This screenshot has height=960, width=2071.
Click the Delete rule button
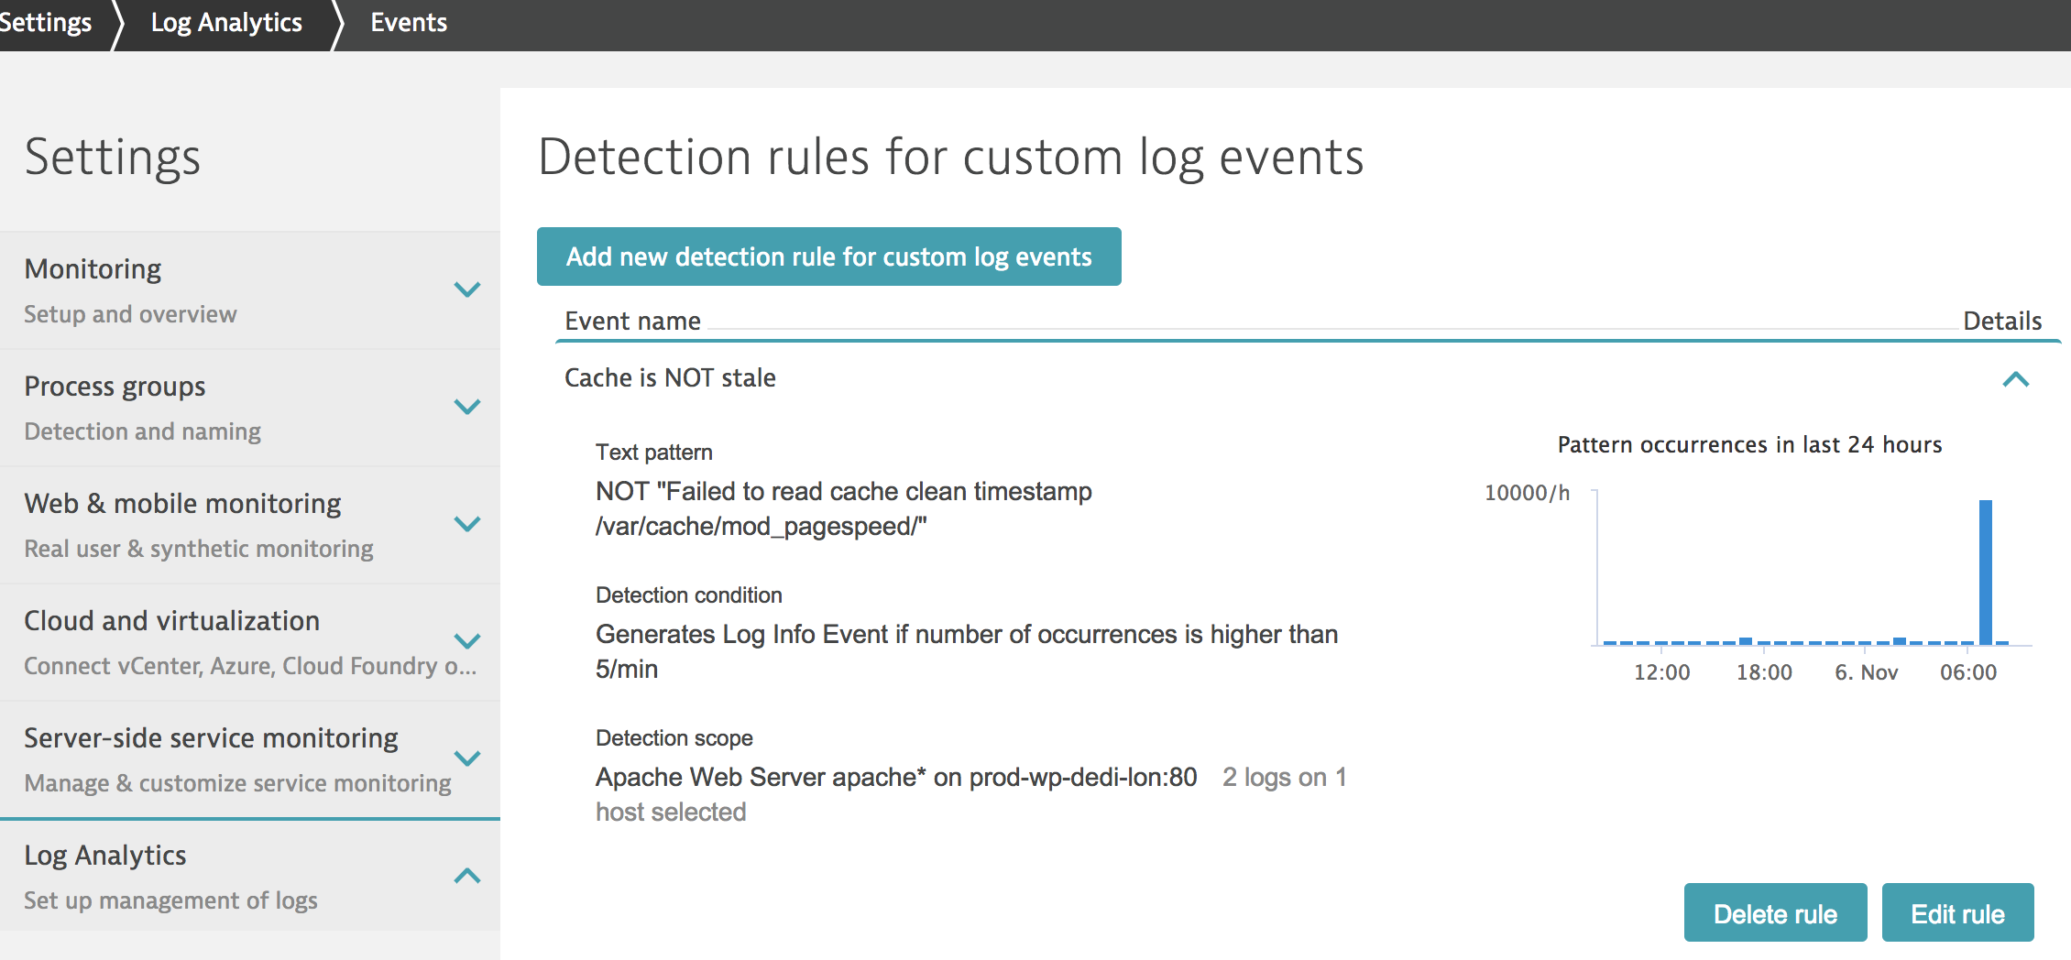1775,912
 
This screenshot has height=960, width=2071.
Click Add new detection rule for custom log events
828,256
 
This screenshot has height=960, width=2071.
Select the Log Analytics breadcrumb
226,23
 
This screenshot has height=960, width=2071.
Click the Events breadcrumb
409,23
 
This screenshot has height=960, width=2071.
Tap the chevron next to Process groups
467,407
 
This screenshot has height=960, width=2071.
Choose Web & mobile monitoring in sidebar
182,504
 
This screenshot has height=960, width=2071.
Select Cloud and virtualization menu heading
171,621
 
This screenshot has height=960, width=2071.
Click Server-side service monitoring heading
211,738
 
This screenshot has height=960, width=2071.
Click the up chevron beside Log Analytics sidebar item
467,876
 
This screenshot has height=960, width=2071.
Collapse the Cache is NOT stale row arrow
2016,379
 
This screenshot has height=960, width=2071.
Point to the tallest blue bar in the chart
1986,572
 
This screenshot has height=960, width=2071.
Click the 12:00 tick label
1662,672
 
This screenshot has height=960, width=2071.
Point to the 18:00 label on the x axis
1764,672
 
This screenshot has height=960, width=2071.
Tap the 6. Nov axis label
1866,672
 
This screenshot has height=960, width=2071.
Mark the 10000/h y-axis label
1527,493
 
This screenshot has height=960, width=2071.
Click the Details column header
2002,322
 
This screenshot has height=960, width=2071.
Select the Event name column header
632,322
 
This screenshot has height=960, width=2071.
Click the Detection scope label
674,738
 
